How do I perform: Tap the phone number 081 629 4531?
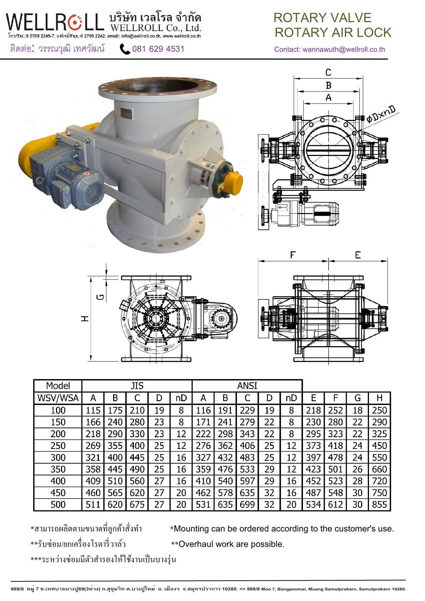(158, 49)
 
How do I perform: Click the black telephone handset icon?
(125, 49)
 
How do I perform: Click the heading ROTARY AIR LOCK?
(333, 32)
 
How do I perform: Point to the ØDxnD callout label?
(381, 114)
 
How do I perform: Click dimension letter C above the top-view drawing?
(328, 72)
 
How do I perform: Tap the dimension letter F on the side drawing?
(293, 255)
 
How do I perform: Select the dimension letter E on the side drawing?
(358, 255)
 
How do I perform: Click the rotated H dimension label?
(85, 318)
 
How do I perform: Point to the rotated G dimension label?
(101, 297)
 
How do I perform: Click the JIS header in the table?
(137, 386)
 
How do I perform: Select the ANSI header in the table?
(247, 386)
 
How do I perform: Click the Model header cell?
(58, 386)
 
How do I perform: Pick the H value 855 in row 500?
(379, 505)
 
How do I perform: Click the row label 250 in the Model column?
(58, 446)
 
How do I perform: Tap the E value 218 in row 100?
(313, 410)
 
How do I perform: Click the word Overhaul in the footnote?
(195, 544)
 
